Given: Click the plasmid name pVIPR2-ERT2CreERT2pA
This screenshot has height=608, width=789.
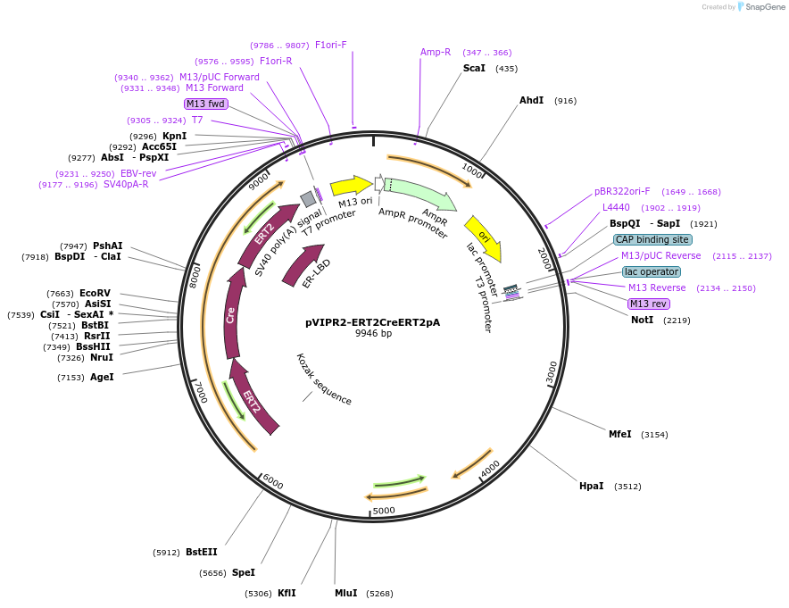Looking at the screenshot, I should coord(372,322).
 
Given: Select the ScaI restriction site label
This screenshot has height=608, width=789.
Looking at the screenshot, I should coord(474,68).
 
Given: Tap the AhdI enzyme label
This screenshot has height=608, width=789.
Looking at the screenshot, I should coord(531,100).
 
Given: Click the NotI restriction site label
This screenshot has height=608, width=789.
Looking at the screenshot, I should coord(642,320).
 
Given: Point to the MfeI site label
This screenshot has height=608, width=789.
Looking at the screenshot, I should coord(619,434).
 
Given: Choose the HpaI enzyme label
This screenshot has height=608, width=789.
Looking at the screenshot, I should coord(591,486).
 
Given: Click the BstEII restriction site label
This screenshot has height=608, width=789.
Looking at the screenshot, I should coord(201,552).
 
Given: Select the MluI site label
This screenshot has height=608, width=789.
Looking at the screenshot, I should coord(345,593).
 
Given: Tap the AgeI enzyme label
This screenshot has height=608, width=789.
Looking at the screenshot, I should coord(102,377).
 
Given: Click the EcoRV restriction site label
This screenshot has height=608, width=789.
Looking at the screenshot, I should coord(95,293).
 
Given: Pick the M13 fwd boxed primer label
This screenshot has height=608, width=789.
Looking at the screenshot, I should coord(206,104).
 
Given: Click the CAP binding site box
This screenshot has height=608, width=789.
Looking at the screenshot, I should coord(652,239).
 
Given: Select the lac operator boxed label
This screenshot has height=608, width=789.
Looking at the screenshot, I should coord(651,271).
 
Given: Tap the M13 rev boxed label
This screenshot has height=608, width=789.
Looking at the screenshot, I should coord(648,304).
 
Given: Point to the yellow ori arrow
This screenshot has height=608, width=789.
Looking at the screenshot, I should coord(483,237).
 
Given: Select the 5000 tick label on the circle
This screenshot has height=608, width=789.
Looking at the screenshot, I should coord(384,511).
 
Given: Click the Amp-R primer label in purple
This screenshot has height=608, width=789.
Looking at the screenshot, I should coord(436,52).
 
